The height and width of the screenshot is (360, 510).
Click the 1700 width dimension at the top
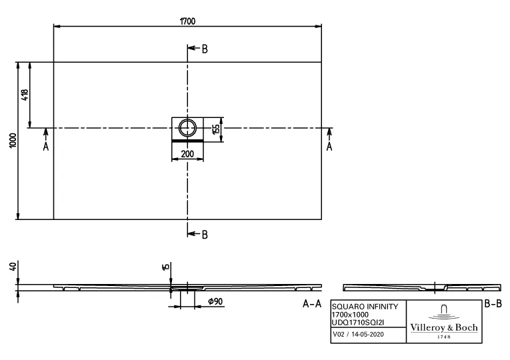tap(187, 21)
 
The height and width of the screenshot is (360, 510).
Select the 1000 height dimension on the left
tap(12, 141)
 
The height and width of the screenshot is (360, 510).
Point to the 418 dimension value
tap(25, 95)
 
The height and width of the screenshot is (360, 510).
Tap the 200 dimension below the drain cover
tap(187, 154)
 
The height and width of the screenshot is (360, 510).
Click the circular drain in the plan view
tap(188, 127)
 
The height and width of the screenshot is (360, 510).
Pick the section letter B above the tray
tap(204, 49)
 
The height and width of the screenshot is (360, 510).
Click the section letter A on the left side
tap(45, 147)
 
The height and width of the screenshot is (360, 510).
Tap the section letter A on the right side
tap(329, 147)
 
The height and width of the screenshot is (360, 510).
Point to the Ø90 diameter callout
tap(215, 302)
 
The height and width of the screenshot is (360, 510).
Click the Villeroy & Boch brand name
tap(443, 327)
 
